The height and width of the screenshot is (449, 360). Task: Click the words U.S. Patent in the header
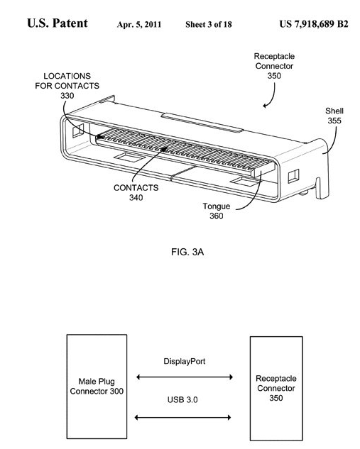click(x=58, y=23)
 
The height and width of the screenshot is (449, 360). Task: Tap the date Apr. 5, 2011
click(x=138, y=25)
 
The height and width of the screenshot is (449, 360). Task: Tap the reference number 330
click(x=67, y=95)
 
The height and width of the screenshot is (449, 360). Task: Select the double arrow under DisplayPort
click(x=184, y=377)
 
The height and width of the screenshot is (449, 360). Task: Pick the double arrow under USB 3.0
click(x=184, y=417)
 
